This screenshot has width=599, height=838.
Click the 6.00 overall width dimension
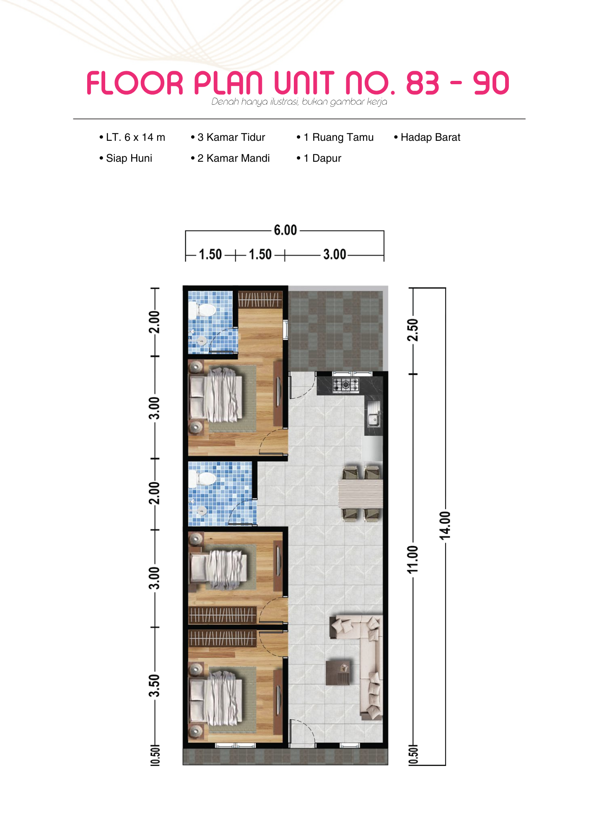point(285,230)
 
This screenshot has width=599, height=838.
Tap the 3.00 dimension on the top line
point(335,254)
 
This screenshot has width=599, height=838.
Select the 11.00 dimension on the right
point(413,559)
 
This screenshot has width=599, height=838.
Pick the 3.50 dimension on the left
point(154,685)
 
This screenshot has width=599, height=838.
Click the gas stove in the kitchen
point(345,385)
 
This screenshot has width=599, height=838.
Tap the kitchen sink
point(373,414)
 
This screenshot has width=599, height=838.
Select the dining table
point(360,494)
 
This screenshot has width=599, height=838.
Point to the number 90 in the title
point(491,83)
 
